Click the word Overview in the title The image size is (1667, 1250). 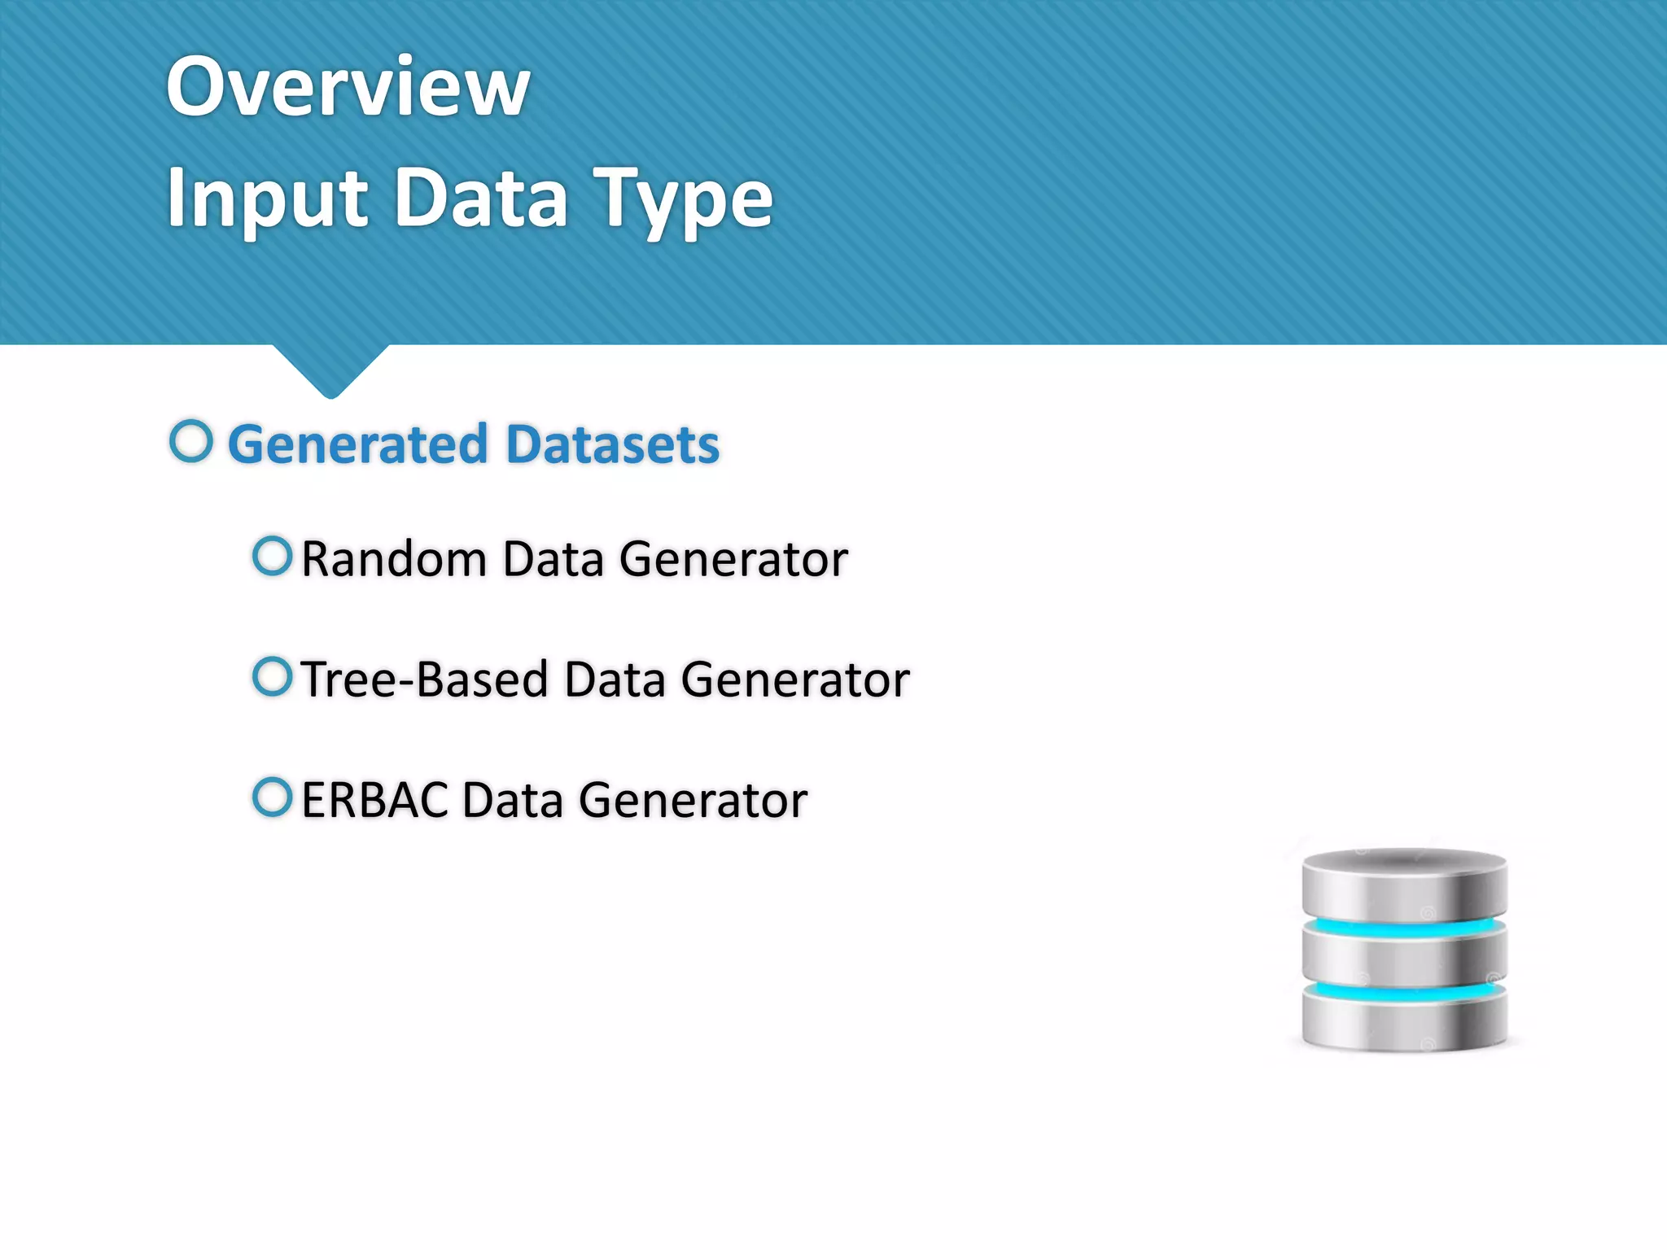coord(348,86)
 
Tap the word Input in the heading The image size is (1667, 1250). coord(268,198)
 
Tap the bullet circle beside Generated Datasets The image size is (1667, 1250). coord(191,441)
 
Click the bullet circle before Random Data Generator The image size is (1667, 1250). coord(272,556)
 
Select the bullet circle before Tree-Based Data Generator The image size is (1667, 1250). coord(272,676)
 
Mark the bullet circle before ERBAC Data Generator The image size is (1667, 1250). coord(272,797)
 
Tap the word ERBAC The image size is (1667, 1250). coord(374,800)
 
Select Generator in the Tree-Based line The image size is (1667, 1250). coord(794,680)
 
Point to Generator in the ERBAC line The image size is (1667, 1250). coord(693,800)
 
